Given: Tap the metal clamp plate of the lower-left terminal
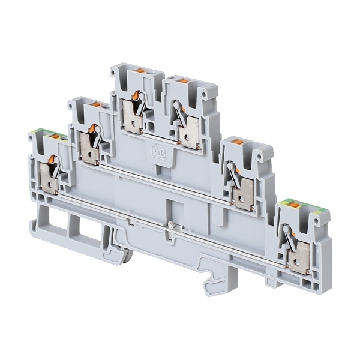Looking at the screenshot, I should point(48,180).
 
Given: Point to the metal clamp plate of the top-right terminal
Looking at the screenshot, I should point(190,133).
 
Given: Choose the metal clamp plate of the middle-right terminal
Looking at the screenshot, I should point(243,195).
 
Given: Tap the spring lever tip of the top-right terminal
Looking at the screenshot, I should point(176,105).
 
